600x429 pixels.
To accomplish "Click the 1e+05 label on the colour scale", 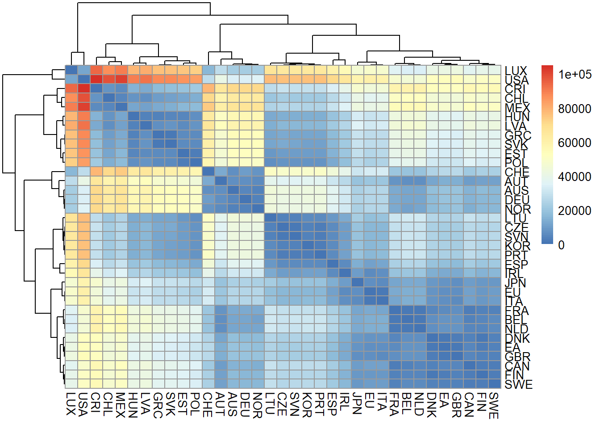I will [575, 75].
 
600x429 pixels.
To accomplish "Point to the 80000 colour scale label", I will [575, 109].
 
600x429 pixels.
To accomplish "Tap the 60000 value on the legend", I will [575, 143].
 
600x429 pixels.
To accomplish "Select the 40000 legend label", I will [575, 177].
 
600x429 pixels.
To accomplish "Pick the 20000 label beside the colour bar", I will [575, 211].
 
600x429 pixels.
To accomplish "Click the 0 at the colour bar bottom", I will [561, 245].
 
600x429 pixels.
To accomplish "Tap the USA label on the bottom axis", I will [83, 404].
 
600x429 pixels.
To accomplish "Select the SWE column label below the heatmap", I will [494, 405].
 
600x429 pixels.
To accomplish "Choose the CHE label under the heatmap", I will [208, 404].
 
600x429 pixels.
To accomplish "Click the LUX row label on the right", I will [516, 71].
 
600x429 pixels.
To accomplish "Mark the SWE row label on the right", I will [518, 384].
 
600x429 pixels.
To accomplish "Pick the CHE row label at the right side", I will [517, 172].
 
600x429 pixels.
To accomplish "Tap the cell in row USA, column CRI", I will [96, 79].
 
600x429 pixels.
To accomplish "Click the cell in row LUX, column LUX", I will [71, 70].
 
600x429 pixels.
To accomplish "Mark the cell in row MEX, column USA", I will [84, 107].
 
